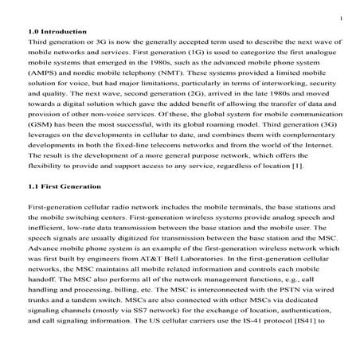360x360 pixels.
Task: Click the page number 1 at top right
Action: pos(340,17)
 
